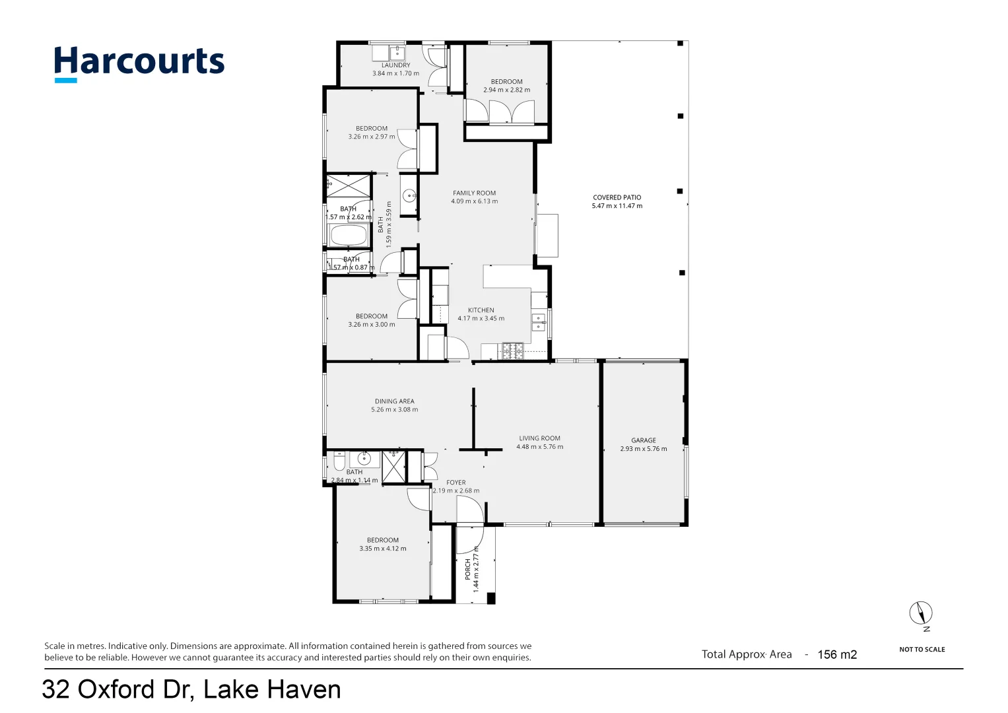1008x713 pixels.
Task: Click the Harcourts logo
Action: click(139, 63)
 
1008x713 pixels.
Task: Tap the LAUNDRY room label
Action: click(395, 65)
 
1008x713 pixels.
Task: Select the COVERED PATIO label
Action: click(617, 197)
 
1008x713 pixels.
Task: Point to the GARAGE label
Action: click(643, 440)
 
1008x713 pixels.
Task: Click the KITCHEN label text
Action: click(481, 310)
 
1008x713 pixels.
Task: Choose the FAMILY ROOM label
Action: click(474, 193)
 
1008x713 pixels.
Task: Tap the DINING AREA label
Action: click(394, 401)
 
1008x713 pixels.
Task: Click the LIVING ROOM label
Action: click(539, 438)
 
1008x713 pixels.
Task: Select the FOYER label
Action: click(455, 483)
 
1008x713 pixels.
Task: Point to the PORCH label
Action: click(468, 569)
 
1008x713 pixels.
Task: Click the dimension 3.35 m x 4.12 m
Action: click(383, 549)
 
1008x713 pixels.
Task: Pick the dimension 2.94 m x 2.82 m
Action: click(506, 90)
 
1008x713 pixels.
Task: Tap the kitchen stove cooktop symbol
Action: click(513, 351)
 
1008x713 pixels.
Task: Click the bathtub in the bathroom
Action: click(348, 236)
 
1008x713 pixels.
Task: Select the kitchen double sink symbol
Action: click(539, 322)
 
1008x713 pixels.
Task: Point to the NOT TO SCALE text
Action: click(922, 650)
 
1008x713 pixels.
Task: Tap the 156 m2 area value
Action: click(837, 655)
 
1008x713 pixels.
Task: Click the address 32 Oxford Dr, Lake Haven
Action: click(191, 690)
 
